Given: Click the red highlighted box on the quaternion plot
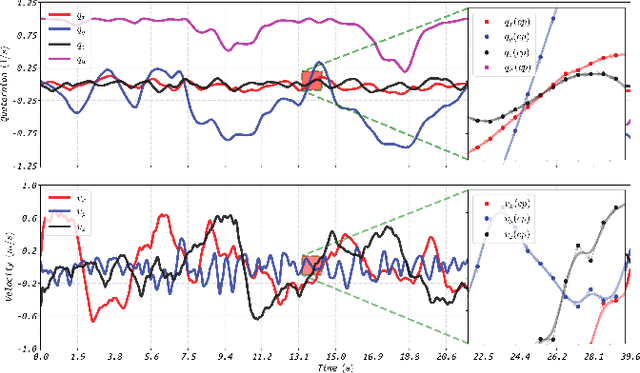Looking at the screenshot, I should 312,81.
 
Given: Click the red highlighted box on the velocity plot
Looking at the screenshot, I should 312,265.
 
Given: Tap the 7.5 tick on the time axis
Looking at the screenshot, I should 187,355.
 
